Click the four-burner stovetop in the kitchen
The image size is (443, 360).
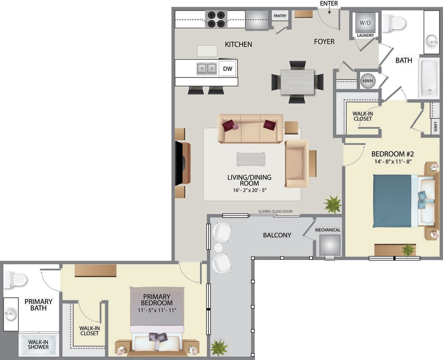coord(216,19)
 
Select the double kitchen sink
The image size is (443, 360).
coord(207,68)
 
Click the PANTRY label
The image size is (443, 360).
coord(280,16)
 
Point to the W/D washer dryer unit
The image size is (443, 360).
coord(365,22)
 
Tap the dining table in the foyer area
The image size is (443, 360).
coord(297,82)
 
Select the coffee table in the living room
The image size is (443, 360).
coord(250,159)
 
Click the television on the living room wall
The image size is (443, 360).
coord(180,163)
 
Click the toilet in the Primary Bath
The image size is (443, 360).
coord(15,280)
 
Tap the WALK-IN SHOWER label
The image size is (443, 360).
coord(38,344)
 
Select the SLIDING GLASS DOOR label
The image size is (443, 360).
coord(275,211)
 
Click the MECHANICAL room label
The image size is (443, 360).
coord(327,230)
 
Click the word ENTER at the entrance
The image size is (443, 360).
coord(329,4)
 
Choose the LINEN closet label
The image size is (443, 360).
coord(435,127)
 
